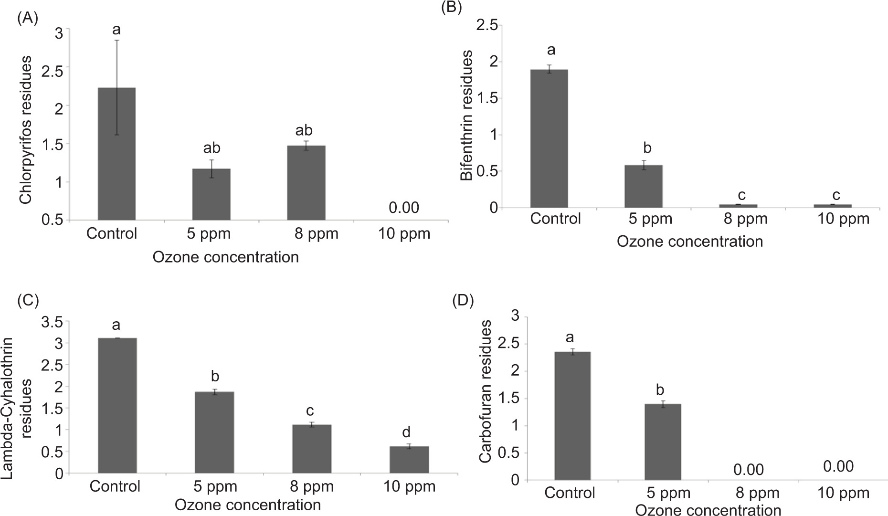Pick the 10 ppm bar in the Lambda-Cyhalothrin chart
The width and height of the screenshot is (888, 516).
(x=409, y=460)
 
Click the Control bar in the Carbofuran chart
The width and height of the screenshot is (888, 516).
(x=572, y=416)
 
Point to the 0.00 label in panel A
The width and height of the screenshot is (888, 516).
(x=404, y=208)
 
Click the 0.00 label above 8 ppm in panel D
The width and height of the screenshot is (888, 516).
(x=749, y=470)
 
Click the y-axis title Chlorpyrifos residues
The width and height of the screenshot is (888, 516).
(x=26, y=130)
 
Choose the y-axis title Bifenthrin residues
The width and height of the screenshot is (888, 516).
(x=467, y=116)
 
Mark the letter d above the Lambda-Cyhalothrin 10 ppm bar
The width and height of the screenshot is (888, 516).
(x=406, y=432)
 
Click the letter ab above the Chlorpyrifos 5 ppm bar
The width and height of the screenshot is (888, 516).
(x=211, y=148)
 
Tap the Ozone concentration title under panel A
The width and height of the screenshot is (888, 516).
(x=225, y=257)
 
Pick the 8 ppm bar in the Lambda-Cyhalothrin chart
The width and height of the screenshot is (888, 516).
(x=312, y=449)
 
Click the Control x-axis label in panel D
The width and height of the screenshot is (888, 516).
(x=570, y=492)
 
